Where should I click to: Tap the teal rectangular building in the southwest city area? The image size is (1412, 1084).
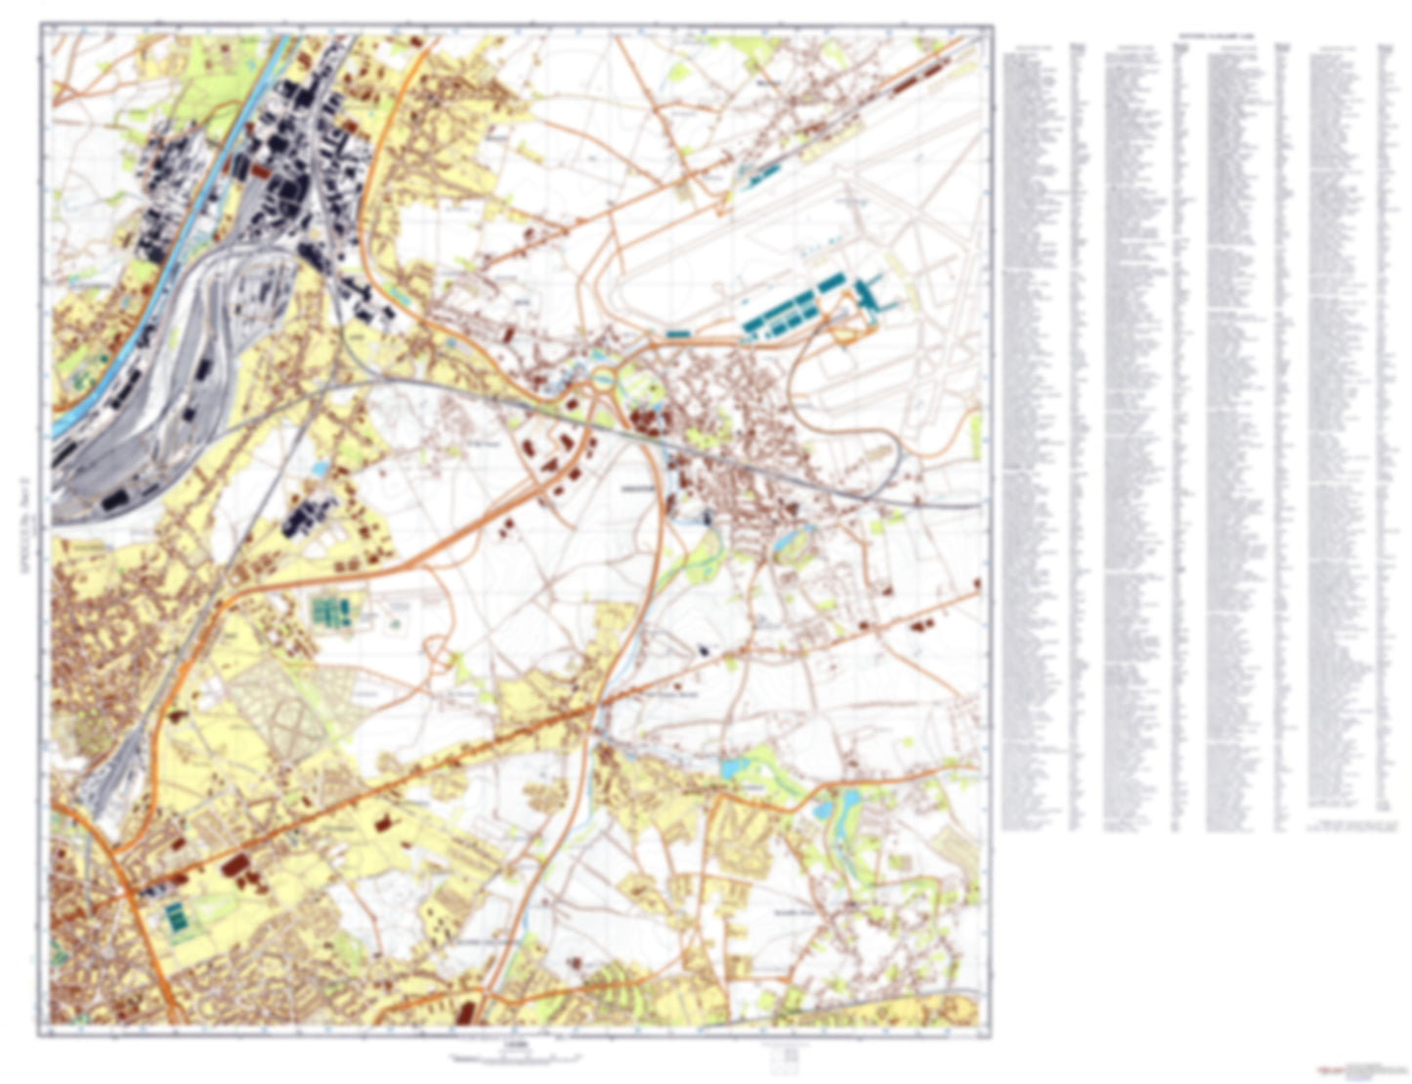pyautogui.click(x=177, y=918)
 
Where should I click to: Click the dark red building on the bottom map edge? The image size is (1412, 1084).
pyautogui.click(x=465, y=1013)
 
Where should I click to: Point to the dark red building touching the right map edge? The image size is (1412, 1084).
pyautogui.click(x=976, y=584)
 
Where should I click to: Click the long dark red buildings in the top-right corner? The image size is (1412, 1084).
pyautogui.click(x=914, y=77)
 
